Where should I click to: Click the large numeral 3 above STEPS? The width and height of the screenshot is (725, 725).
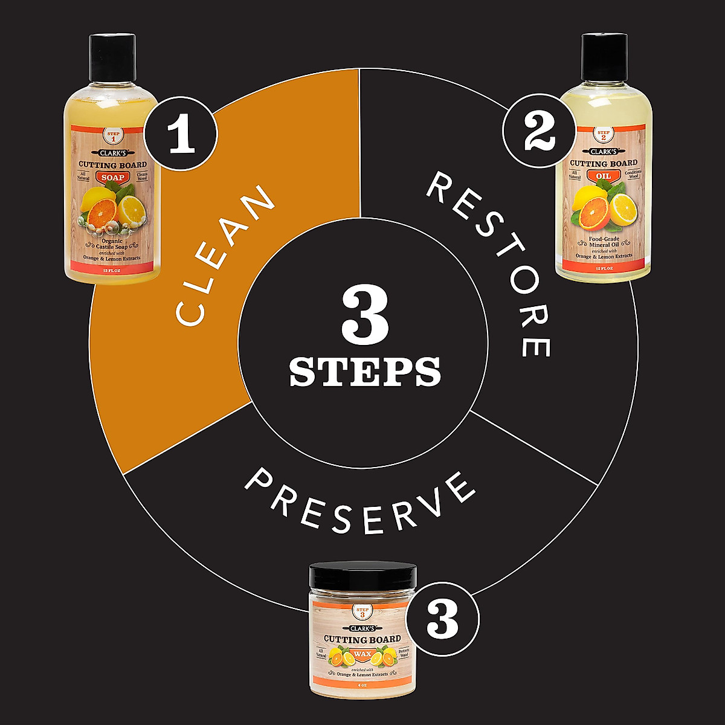(365, 314)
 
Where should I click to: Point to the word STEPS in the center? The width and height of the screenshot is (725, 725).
(365, 372)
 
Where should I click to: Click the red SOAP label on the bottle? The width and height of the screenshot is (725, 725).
(112, 178)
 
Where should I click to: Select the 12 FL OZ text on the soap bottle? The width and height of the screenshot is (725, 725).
(112, 272)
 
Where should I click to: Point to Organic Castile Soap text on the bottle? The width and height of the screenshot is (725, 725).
(112, 243)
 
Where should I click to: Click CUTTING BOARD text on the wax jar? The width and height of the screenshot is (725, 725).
(362, 639)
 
